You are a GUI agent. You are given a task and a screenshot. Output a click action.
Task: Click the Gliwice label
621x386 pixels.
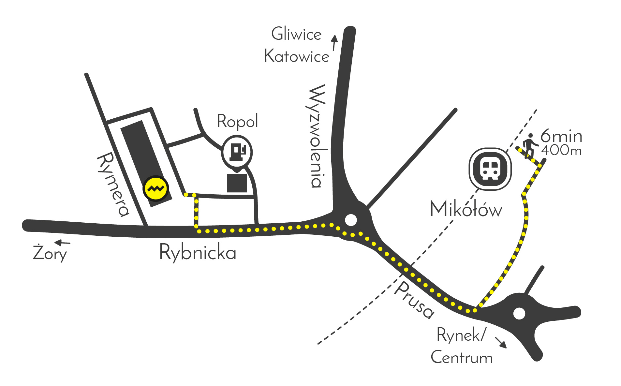point(296,34)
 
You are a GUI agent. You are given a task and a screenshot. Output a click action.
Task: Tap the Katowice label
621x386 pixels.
point(296,56)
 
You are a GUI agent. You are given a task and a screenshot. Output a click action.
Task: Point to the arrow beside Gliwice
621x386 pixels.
point(334,43)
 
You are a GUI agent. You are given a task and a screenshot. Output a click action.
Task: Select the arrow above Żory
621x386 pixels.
point(62,243)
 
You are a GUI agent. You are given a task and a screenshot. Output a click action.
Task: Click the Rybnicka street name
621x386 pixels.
point(198,253)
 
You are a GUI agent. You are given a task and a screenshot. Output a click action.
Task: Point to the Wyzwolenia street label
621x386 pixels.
point(316,136)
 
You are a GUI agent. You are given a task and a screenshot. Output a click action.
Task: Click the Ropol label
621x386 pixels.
point(237,122)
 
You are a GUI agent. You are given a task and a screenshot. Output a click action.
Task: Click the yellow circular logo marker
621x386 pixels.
point(156,188)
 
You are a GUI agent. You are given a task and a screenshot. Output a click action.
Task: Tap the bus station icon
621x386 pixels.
point(490,169)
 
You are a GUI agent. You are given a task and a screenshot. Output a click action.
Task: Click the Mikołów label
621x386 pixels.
point(466,209)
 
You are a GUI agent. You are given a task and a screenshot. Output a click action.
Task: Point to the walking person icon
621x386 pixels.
point(529,145)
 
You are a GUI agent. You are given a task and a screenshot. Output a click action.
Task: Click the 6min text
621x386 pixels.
point(561,136)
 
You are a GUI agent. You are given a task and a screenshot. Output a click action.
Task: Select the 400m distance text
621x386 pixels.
point(561,151)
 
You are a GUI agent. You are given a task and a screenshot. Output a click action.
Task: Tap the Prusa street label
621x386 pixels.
point(414,300)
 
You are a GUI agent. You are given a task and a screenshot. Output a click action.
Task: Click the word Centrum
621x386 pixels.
point(462,357)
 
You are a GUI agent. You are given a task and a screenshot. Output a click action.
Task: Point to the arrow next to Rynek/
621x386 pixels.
point(501,343)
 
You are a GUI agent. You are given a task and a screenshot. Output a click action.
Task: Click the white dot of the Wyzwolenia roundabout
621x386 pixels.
point(351,220)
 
